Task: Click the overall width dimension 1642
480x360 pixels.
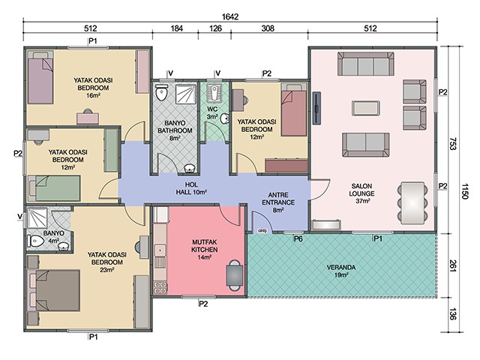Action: [x=230, y=16]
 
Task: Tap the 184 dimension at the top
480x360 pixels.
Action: [x=177, y=28]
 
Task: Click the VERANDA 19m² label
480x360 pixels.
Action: [x=341, y=271]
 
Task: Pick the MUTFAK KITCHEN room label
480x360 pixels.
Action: [x=205, y=246]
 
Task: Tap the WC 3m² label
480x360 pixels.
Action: [x=212, y=112]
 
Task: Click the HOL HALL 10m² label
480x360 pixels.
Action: [x=191, y=188]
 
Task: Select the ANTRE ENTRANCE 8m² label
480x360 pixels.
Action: [x=278, y=202]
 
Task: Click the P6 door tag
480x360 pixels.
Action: [x=298, y=238]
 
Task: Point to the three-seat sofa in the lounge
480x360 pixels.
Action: [x=366, y=64]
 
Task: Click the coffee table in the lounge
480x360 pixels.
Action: [x=366, y=108]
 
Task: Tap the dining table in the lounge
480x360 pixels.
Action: [x=412, y=203]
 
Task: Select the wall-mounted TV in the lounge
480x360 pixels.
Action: [x=316, y=108]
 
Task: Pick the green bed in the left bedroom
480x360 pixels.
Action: [x=55, y=188]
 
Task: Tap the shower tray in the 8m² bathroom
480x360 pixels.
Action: [x=185, y=94]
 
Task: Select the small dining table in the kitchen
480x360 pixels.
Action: [x=235, y=275]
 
